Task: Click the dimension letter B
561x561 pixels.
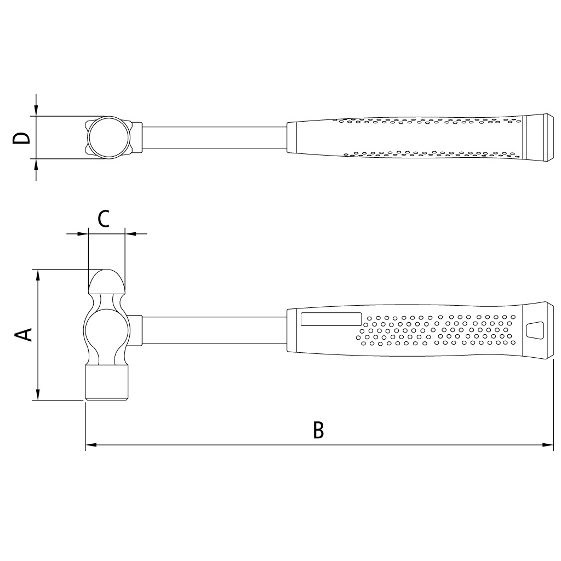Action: coord(318,430)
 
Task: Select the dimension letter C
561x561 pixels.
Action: coord(104,219)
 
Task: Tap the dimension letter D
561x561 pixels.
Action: coord(21,138)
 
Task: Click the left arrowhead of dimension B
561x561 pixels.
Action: coord(91,445)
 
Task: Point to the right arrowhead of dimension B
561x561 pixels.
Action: coord(548,445)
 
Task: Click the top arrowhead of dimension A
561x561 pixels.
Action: coord(38,275)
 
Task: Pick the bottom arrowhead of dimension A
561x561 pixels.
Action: coord(38,394)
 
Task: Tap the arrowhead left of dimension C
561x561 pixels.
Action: coord(82,234)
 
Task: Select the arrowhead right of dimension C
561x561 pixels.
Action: coord(131,234)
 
